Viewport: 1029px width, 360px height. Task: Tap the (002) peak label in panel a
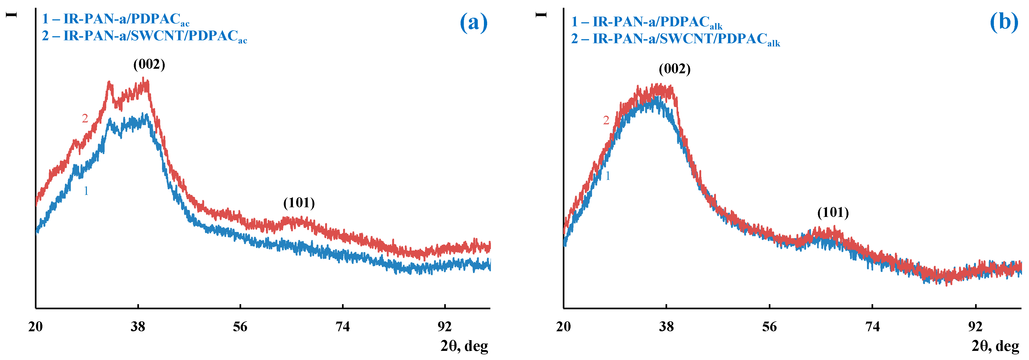[149, 64]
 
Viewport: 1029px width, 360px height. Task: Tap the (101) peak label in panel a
[299, 203]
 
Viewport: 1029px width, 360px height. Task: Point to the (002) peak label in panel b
[674, 69]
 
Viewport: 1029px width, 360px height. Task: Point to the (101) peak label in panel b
[833, 213]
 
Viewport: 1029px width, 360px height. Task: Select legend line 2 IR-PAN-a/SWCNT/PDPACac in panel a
[144, 36]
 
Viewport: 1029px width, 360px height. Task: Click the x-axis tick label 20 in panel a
[36, 327]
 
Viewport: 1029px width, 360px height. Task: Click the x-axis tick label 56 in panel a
[240, 327]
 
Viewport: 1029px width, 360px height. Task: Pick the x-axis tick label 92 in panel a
[444, 327]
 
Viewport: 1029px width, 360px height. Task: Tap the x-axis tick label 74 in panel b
[872, 327]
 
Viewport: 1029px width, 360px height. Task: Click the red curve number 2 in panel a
[85, 119]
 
